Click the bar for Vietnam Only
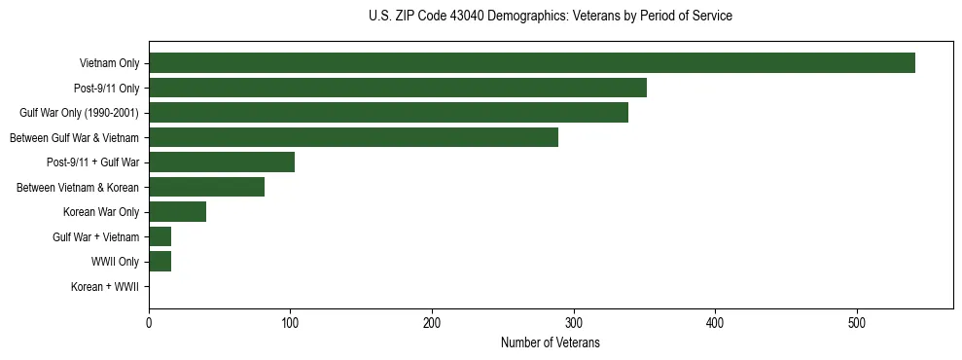[531, 63]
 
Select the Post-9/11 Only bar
[397, 89]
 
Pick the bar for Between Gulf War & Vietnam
[353, 137]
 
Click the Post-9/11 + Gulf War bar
[222, 162]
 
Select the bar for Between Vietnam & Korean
[206, 187]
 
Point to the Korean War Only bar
[177, 212]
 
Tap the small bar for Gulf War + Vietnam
[160, 236]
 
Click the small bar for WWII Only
[160, 262]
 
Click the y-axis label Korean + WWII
[105, 287]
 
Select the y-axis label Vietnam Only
[109, 64]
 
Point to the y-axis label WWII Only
[115, 262]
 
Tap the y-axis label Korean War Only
[101, 212]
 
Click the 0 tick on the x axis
[149, 323]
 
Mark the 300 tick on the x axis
[574, 323]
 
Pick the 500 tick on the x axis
[857, 323]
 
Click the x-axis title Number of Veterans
[550, 342]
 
